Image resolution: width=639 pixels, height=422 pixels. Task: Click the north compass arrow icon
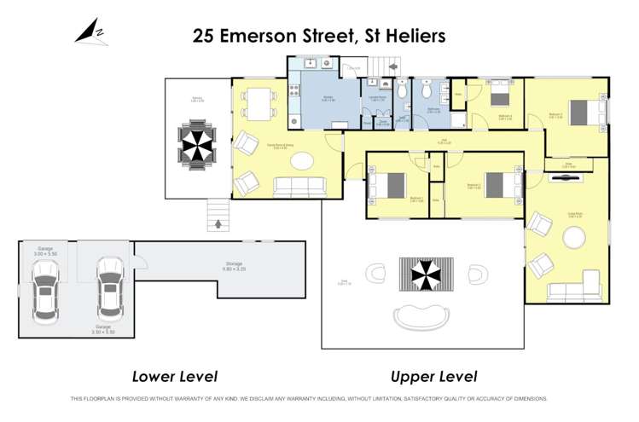click(x=88, y=32)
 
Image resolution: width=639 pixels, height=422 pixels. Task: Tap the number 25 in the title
click(x=204, y=36)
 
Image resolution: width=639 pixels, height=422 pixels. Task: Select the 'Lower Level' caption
click(x=175, y=376)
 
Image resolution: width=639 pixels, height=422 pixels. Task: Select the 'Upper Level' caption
click(x=433, y=376)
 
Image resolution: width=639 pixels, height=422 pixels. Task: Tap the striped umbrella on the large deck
click(x=423, y=273)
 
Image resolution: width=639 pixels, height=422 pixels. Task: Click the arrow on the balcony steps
click(x=218, y=224)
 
